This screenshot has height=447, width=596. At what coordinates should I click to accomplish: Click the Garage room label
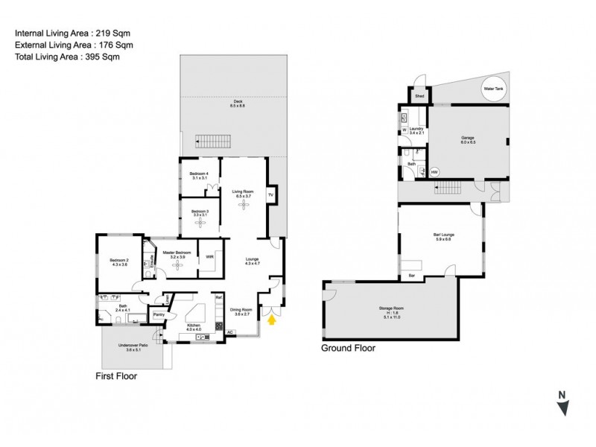468,139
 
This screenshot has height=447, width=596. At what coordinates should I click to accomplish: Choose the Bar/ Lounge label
443,237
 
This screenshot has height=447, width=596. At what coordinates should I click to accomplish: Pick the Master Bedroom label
178,253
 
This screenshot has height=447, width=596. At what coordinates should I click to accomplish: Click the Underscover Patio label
133,348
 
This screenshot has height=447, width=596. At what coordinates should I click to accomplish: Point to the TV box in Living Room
271,195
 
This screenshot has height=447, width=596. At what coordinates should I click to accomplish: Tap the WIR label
210,257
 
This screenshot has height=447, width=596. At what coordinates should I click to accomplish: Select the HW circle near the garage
434,172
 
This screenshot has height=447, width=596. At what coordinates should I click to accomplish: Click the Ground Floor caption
348,348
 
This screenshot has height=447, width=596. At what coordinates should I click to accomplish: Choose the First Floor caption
116,376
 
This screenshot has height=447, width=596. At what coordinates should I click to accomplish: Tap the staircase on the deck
214,140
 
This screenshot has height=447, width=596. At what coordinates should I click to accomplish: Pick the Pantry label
159,315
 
